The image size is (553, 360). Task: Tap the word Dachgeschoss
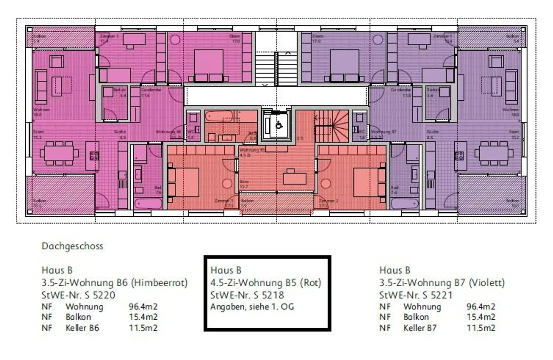72,246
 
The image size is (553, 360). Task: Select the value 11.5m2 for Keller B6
143,328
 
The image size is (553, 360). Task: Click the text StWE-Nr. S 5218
247,295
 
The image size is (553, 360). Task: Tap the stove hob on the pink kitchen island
94,156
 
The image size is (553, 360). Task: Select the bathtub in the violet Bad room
404,203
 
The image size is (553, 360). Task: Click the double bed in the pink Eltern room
208,66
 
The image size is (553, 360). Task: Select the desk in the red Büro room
295,178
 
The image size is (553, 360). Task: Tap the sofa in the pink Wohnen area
41,87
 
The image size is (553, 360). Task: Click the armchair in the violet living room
496,61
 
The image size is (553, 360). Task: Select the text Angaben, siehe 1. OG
252,307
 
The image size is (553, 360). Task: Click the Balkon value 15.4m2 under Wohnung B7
481,317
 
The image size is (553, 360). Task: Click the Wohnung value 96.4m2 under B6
143,307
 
